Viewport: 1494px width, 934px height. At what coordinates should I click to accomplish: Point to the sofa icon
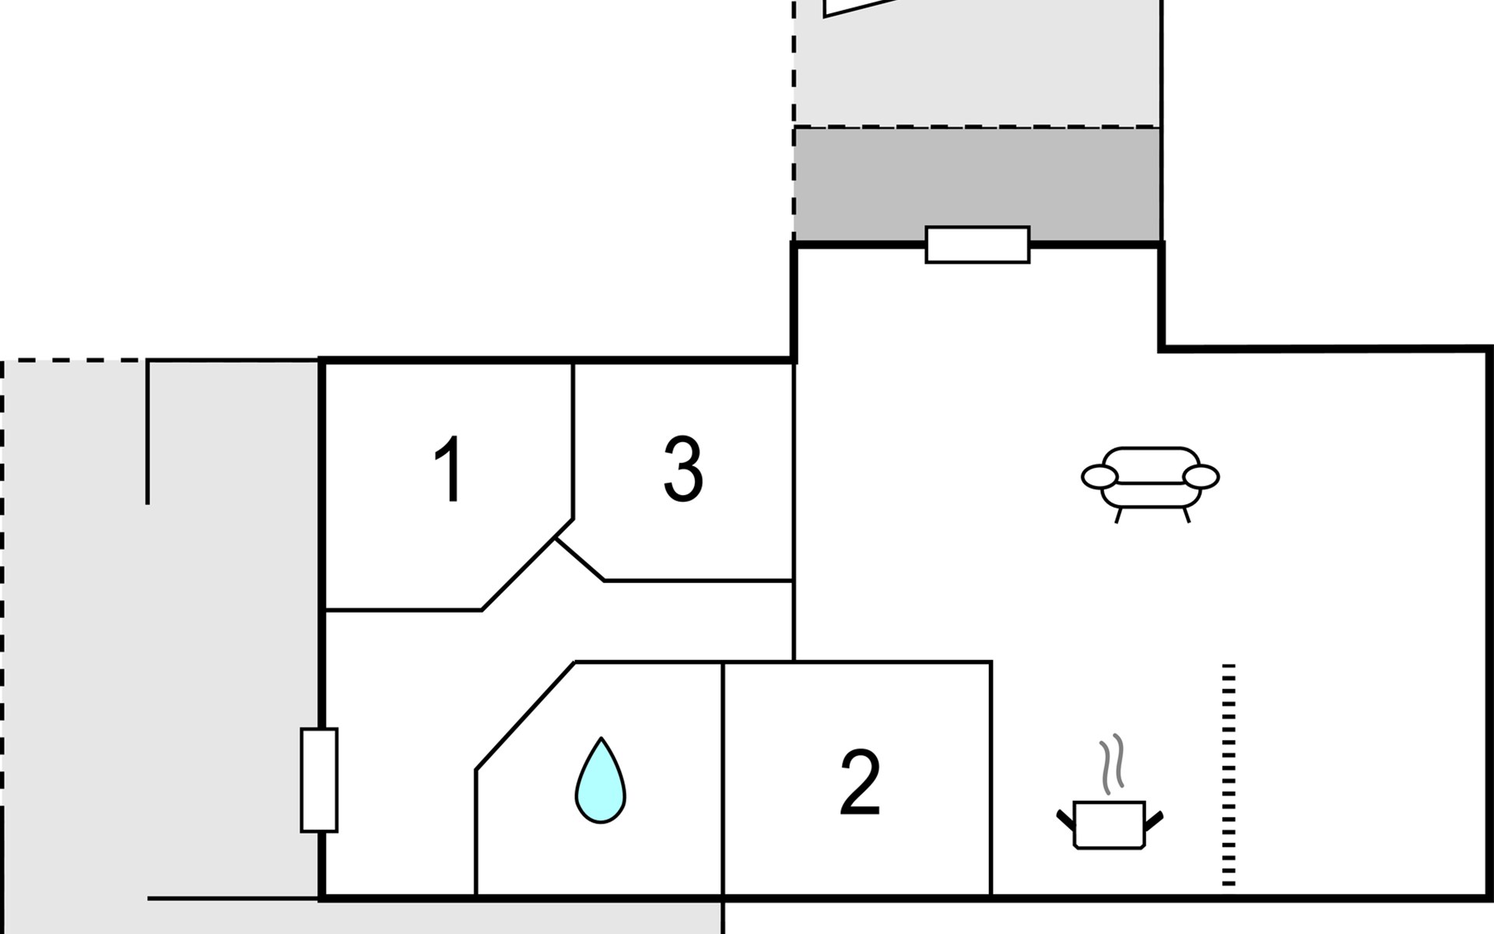tap(1150, 483)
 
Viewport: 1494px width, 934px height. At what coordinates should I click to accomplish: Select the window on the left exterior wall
tap(319, 780)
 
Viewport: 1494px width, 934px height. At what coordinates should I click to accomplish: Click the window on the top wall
tap(977, 244)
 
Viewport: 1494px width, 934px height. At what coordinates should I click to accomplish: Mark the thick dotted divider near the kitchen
tap(1229, 774)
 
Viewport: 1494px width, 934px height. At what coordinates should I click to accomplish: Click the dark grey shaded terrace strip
tap(977, 184)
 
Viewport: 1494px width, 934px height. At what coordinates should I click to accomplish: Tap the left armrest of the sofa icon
tap(1099, 476)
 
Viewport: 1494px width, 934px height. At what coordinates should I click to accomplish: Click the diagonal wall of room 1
tap(528, 564)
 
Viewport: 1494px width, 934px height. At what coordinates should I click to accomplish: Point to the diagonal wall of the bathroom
tap(525, 716)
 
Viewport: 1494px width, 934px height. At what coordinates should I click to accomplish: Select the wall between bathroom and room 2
tap(723, 779)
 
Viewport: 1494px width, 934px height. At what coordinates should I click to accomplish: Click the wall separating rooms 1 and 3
tap(573, 441)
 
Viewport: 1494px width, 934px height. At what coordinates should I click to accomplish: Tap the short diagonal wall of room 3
tap(580, 560)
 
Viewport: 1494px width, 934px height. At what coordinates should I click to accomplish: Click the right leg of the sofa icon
tap(1186, 514)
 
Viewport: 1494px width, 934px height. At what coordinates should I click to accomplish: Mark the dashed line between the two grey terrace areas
tap(977, 127)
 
